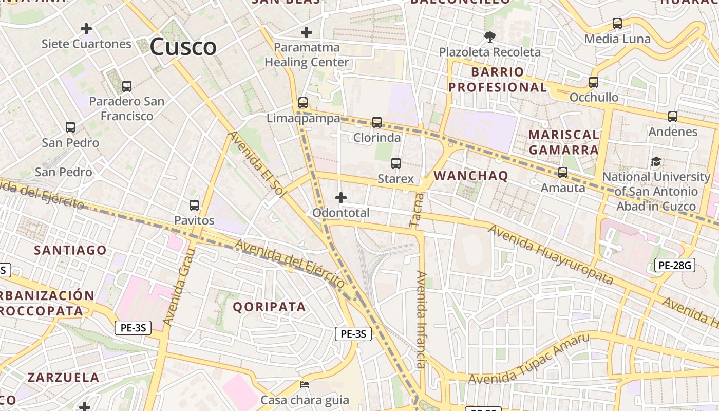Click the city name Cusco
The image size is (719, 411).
click(x=183, y=47)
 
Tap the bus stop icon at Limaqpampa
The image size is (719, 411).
click(x=303, y=103)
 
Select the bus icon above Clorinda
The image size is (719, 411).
click(x=377, y=122)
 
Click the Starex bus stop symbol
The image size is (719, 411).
click(x=395, y=163)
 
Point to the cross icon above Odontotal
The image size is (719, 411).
click(x=340, y=197)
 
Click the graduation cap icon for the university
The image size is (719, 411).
click(x=656, y=162)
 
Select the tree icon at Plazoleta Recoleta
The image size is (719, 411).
click(x=489, y=36)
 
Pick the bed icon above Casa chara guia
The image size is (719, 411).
click(x=305, y=384)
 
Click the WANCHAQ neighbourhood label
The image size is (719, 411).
click(x=471, y=176)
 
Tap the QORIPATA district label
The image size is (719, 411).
click(x=269, y=307)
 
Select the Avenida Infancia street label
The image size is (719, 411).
click(x=421, y=320)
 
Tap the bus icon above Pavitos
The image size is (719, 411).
click(x=194, y=206)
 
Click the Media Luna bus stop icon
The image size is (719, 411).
click(x=617, y=24)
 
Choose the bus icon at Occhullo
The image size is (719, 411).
click(x=594, y=82)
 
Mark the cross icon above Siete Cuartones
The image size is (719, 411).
click(x=86, y=28)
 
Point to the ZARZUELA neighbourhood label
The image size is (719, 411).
click(x=63, y=378)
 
